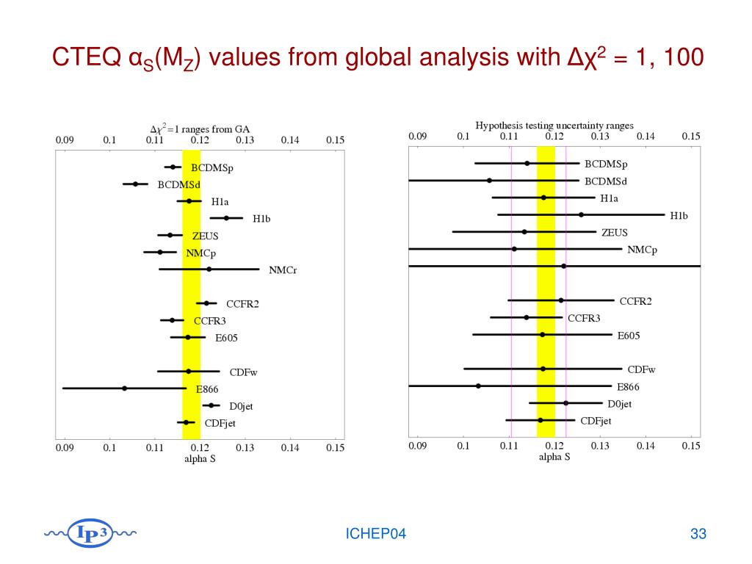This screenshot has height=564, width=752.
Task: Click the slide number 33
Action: pyautogui.click(x=698, y=534)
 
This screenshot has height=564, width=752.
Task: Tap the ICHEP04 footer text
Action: pyautogui.click(x=376, y=534)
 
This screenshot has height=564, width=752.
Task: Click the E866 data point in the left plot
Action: pyautogui.click(x=124, y=388)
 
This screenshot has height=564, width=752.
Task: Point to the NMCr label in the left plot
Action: pyautogui.click(x=283, y=270)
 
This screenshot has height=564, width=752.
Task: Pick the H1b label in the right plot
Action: pyautogui.click(x=680, y=215)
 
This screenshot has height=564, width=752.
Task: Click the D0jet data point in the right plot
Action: pyautogui.click(x=565, y=402)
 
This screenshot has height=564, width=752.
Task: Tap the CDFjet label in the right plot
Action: pyautogui.click(x=596, y=421)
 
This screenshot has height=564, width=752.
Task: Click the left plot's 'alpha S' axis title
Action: pyautogui.click(x=200, y=459)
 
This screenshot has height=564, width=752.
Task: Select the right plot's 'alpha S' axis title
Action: pyautogui.click(x=554, y=456)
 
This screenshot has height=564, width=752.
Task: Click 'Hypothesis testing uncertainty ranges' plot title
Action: pyautogui.click(x=554, y=126)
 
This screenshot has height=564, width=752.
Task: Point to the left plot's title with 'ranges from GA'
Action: pyautogui.click(x=200, y=127)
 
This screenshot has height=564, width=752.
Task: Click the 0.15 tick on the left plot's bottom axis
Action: pyautogui.click(x=335, y=446)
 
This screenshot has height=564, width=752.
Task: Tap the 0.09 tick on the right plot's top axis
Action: pyautogui.click(x=417, y=136)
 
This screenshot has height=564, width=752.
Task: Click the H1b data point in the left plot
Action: pyautogui.click(x=226, y=217)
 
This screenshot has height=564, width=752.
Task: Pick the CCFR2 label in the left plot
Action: pyautogui.click(x=242, y=303)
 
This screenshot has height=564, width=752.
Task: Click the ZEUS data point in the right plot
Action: pyautogui.click(x=524, y=231)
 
